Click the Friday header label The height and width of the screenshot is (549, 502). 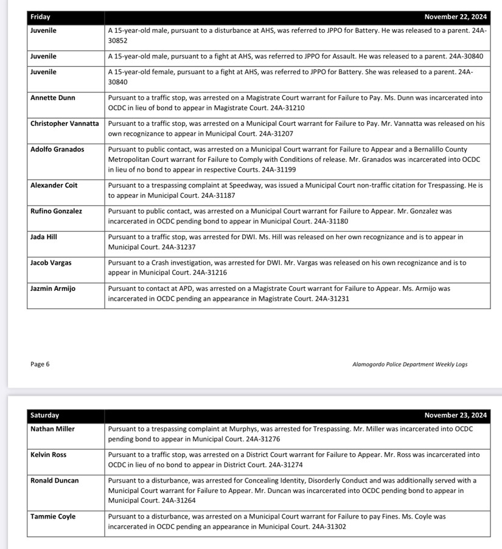[x=40, y=17]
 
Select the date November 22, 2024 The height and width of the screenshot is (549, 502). [x=455, y=17]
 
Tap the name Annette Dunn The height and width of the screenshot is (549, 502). [x=53, y=97]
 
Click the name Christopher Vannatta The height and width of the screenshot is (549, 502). [x=64, y=123]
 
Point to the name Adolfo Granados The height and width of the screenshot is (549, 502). [x=57, y=149]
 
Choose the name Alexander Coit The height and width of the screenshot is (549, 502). [x=54, y=185]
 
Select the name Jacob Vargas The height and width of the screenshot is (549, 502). [x=51, y=263]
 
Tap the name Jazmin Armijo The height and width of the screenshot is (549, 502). [x=53, y=288]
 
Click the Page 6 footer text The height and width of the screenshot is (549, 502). [x=40, y=364]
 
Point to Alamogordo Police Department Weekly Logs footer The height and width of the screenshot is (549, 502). [x=410, y=365]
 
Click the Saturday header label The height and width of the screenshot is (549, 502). [x=45, y=416]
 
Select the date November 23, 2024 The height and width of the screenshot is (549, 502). [x=455, y=416]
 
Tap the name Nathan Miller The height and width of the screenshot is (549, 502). [x=52, y=429]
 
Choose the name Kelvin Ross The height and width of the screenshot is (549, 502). [x=49, y=455]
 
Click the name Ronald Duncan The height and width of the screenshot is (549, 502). [x=55, y=480]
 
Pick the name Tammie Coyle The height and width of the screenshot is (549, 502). [x=53, y=516]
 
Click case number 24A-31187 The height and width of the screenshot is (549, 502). [x=214, y=195]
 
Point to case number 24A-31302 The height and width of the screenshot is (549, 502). [x=329, y=526]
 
